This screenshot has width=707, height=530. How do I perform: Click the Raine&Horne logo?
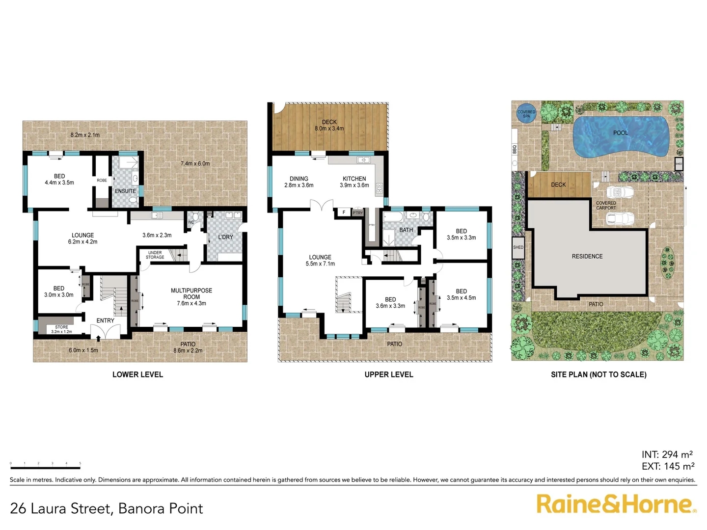616,504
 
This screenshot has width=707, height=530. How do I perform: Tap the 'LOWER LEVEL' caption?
137,374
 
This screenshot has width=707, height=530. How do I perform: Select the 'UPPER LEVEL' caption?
389,374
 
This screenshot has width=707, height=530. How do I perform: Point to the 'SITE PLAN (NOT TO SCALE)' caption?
598,374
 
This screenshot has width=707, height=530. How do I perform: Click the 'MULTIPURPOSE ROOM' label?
191,293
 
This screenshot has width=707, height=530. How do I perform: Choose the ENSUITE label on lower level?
125,191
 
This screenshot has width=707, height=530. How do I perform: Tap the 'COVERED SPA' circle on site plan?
526,114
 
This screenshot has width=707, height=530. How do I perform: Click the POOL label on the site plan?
621,133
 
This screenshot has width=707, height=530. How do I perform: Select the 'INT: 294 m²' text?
667,454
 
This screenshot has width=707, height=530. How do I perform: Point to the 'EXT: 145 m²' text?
668,466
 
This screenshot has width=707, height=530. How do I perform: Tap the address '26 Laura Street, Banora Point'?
107,508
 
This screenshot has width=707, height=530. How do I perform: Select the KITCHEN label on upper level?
354,179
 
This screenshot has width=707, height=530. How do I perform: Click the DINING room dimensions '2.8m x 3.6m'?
299,185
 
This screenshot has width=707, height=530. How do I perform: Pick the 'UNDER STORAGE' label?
155,255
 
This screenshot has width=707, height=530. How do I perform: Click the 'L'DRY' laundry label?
225,237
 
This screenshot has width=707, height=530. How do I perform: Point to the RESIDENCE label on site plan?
587,256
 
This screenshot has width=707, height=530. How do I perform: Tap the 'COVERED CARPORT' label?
606,205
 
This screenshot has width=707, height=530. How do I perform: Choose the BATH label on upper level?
406,230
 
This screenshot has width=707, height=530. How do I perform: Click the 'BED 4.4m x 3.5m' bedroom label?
59,179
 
